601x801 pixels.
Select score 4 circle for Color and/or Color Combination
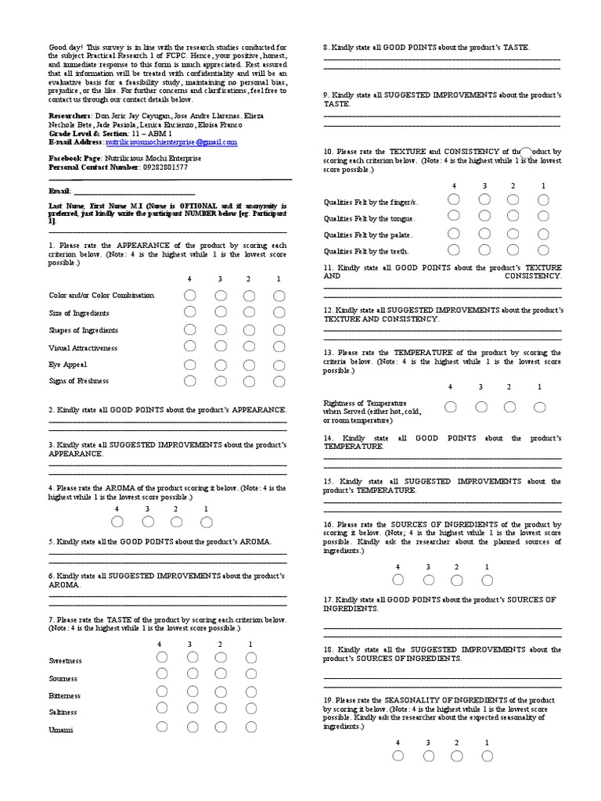(x=189, y=296)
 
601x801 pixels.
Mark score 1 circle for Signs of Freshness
(x=279, y=382)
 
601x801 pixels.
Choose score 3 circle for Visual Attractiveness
(x=220, y=347)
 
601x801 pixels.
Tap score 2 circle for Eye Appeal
(x=250, y=365)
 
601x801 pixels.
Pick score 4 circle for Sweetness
(x=161, y=658)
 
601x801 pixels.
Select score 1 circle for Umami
(x=250, y=727)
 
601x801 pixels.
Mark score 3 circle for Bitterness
(x=192, y=692)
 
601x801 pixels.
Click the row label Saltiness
(x=64, y=712)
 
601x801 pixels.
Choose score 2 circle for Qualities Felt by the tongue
(x=513, y=217)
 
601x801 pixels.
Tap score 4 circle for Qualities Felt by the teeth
(x=453, y=250)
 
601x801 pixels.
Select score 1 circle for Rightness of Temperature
(x=540, y=407)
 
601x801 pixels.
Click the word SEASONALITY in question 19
(x=407, y=699)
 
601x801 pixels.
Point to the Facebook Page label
(x=74, y=158)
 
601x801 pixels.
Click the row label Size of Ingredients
(x=78, y=313)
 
